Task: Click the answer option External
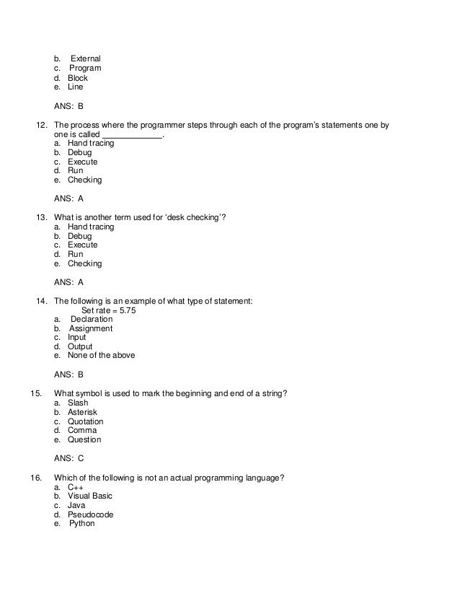tap(85, 58)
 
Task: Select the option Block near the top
tap(77, 78)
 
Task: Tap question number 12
tap(41, 125)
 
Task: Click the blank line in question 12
tap(133, 135)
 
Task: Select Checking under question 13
tap(84, 263)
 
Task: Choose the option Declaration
tap(92, 320)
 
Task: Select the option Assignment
tap(91, 328)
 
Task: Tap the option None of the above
tap(101, 355)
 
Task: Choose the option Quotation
tap(85, 421)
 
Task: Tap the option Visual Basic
tap(90, 496)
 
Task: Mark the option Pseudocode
tap(90, 515)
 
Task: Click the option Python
tap(82, 524)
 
